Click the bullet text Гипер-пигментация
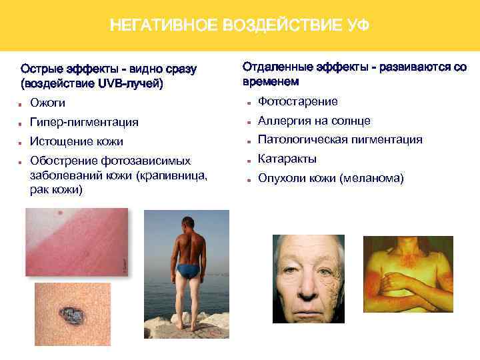[x=85, y=122]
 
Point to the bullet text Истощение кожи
[x=77, y=141]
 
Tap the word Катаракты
[x=287, y=159]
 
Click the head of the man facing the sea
[x=189, y=223]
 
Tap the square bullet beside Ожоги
[x=23, y=104]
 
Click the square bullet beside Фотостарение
[x=248, y=102]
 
